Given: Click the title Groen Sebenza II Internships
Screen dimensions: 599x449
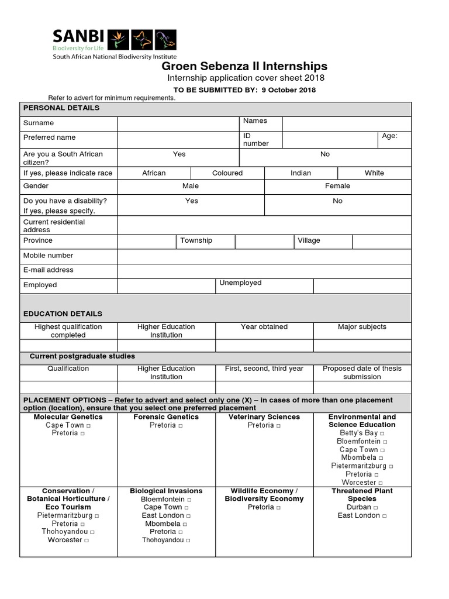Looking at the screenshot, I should (x=244, y=66).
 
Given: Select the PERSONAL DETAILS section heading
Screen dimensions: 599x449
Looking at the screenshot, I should (x=61, y=108).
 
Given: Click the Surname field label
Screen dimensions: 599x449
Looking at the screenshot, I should (x=39, y=123).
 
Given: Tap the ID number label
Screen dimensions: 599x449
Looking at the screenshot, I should (x=256, y=139).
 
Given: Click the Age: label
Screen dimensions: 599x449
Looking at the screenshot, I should (x=390, y=136).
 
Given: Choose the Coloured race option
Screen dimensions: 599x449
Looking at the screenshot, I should (x=227, y=173).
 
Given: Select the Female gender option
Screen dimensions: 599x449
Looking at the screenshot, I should (x=337, y=185).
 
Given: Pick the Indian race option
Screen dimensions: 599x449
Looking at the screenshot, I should (x=301, y=173).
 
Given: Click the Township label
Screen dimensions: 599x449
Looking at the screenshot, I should (x=196, y=240).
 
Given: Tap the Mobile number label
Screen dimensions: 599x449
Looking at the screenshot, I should (x=49, y=255).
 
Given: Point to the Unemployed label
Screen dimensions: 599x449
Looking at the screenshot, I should (x=240, y=283).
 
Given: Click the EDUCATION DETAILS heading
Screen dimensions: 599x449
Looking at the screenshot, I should (x=63, y=314).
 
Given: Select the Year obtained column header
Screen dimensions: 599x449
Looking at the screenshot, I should (x=264, y=326).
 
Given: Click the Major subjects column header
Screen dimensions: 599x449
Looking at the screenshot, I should (x=362, y=326).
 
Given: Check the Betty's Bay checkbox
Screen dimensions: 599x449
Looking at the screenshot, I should (x=382, y=433).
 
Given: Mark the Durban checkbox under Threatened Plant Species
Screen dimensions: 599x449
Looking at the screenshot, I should (x=375, y=508).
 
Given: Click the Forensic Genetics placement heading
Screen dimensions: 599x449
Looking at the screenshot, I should (x=166, y=416).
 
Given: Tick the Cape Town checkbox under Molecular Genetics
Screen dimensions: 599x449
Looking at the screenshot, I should (x=88, y=425).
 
